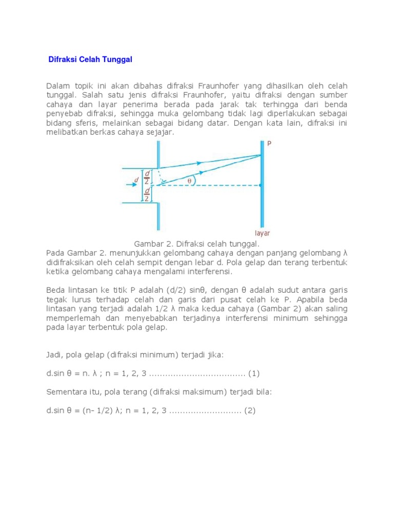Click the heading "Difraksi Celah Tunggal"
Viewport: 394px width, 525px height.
coord(90,59)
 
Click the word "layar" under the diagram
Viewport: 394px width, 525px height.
coord(262,232)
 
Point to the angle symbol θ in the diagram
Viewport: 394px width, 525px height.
coord(190,180)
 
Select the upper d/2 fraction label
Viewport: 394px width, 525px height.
coord(147,177)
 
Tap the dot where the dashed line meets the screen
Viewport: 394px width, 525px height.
coord(261,185)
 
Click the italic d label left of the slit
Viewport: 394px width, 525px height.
coord(136,180)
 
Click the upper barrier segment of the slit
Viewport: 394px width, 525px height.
coord(158,154)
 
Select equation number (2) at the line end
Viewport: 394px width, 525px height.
coord(250,411)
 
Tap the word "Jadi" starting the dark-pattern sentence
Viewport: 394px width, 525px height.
coord(54,354)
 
